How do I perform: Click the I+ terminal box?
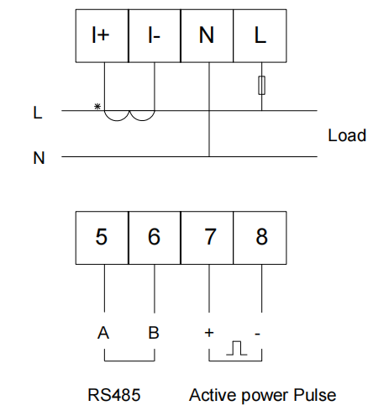(x=102, y=35)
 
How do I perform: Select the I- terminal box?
(x=155, y=35)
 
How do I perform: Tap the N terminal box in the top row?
(x=207, y=35)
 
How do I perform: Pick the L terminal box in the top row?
(x=260, y=35)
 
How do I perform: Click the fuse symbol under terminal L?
(x=261, y=85)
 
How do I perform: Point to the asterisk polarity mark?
(x=97, y=107)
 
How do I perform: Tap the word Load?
(x=347, y=135)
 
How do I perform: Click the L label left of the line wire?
(x=38, y=113)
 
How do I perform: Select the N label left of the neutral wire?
(x=39, y=158)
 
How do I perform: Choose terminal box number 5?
(x=102, y=238)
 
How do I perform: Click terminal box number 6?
(x=155, y=238)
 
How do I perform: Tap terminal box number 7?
(x=207, y=238)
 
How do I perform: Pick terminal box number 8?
(x=260, y=238)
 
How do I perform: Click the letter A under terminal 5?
(x=103, y=333)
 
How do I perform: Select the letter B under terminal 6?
(x=154, y=333)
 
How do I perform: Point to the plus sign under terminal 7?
(x=209, y=333)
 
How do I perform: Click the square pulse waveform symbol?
(x=237, y=348)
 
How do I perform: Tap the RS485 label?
(x=114, y=395)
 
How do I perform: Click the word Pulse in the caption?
(x=314, y=395)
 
